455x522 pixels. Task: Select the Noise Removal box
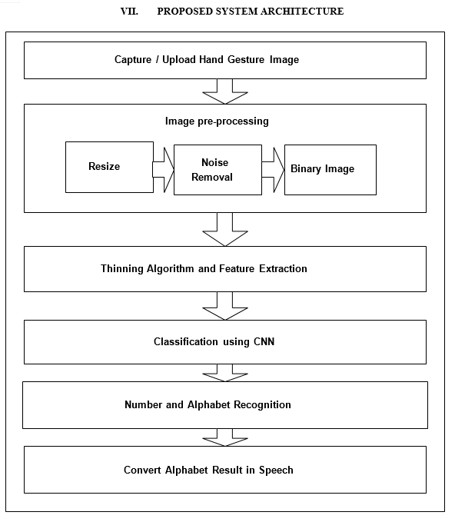coord(218,170)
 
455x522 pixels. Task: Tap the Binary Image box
coord(330,170)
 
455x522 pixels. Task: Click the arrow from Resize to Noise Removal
coord(164,170)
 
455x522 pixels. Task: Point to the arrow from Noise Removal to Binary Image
coord(274,170)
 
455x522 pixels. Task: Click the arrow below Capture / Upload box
coord(225,91)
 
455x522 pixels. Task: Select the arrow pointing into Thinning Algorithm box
coord(225,230)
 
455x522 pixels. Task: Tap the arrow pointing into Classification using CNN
coord(225,306)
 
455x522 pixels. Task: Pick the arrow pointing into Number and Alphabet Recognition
coord(225,373)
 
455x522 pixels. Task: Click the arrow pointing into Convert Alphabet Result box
coord(225,437)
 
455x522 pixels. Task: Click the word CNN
coord(264,341)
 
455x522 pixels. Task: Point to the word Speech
coord(276,470)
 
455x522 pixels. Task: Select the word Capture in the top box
coord(133,60)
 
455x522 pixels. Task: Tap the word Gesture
coord(246,60)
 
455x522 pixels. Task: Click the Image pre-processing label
coord(217,121)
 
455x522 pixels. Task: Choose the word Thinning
coord(122,268)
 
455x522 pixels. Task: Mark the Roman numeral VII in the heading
coord(129,12)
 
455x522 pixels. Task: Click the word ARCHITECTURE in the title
coord(302,12)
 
